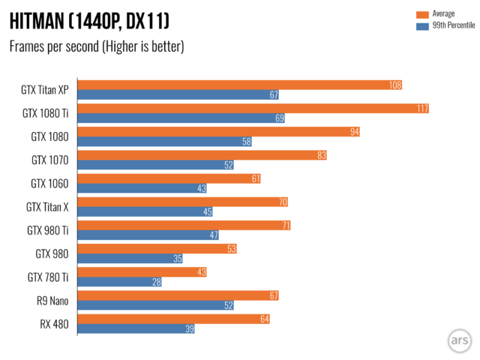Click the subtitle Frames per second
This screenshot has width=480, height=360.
coord(96,46)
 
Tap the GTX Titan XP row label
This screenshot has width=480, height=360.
coord(46,90)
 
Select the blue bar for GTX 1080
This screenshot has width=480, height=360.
coord(166,142)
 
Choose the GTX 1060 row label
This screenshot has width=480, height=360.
coord(49,183)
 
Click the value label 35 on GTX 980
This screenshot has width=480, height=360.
coord(177,258)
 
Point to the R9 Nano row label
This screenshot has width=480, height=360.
coord(50,300)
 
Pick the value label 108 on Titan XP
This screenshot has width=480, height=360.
coord(395,85)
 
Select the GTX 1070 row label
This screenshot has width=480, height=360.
coord(49,160)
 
